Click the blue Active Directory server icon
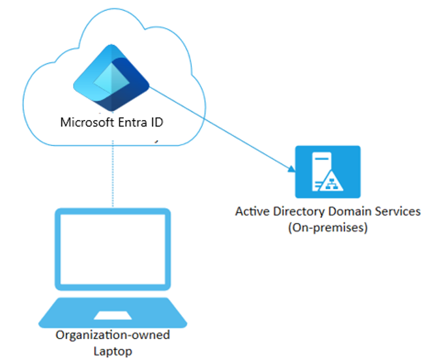click(327, 172)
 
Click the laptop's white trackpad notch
click(112, 315)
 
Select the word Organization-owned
click(112, 335)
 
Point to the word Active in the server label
click(251, 212)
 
